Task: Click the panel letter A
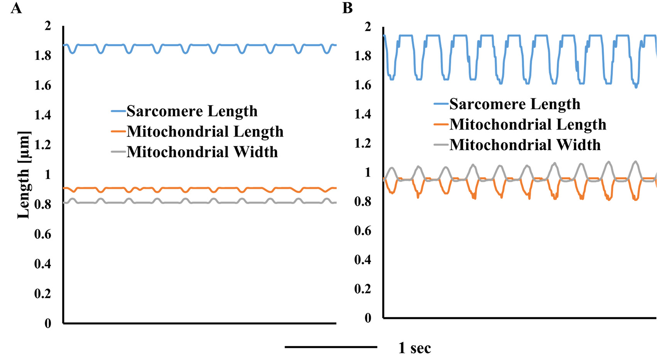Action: (16, 8)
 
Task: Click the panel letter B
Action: (347, 8)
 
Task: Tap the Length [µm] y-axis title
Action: (24, 175)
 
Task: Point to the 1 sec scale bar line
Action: (331, 347)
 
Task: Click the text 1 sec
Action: (415, 348)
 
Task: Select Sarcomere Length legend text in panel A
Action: (192, 112)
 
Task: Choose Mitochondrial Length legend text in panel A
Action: (205, 132)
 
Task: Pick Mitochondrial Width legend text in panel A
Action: (202, 152)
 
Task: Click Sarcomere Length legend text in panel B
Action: (515, 104)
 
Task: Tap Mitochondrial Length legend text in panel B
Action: (528, 125)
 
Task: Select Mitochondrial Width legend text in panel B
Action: (525, 145)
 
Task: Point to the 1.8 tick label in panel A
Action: (43, 56)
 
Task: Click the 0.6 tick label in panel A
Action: (43, 234)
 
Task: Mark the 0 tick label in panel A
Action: (48, 323)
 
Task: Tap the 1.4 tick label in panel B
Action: (363, 114)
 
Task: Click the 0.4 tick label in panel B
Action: (363, 260)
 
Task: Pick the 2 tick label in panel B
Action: (368, 27)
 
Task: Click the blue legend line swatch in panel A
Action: (118, 112)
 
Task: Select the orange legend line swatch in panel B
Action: (441, 125)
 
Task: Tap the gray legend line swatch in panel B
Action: (441, 145)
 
